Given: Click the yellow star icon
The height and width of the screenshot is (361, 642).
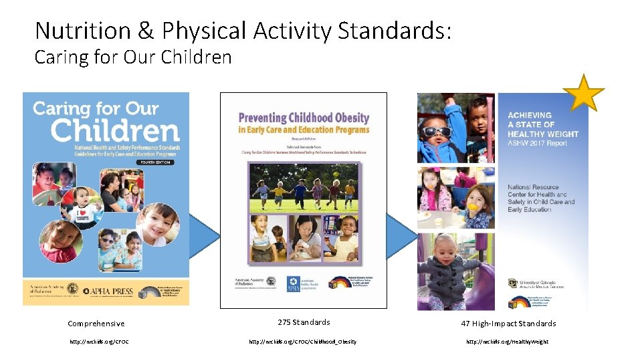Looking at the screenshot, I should tap(584, 94).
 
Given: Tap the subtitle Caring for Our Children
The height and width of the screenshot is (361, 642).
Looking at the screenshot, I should tap(132, 57).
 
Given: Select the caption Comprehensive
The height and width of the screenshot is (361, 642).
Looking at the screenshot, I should tap(96, 324).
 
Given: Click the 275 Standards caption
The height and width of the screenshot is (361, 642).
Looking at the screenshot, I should tap(304, 322).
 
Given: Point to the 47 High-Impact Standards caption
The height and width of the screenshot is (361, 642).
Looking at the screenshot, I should tap(508, 324).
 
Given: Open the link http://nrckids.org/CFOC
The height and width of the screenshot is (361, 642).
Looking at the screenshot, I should tap(99, 342).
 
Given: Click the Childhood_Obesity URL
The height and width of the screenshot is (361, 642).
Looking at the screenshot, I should tap(303, 342).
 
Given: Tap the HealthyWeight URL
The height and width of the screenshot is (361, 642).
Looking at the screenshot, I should tap(507, 342).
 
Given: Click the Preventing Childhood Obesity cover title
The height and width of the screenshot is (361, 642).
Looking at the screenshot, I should tap(304, 123).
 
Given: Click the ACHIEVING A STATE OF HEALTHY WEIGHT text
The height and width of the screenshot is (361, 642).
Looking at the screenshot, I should tap(542, 124).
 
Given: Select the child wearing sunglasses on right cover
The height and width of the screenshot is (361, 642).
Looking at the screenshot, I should tap(437, 130).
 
